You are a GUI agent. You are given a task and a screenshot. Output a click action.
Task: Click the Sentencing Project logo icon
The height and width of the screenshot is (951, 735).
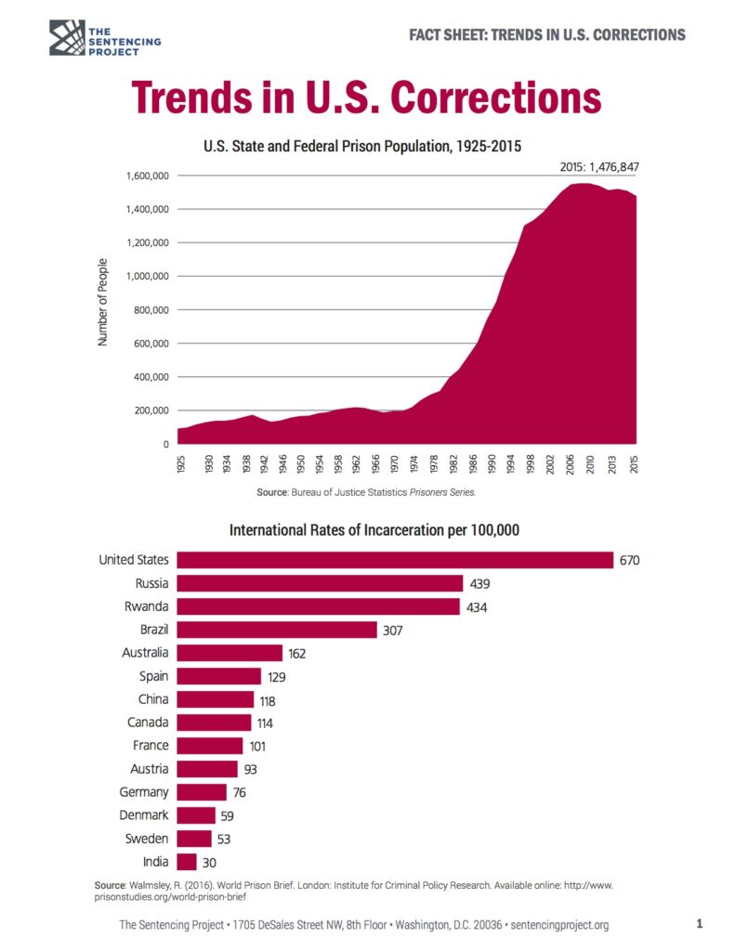[x=67, y=36]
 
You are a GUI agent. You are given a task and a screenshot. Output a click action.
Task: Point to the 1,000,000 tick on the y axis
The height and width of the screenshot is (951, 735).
[x=143, y=277]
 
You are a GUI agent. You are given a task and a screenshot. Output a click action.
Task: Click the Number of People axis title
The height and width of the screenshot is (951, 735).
[x=103, y=303]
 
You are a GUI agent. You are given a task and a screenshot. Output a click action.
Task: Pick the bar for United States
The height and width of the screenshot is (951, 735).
[x=395, y=560]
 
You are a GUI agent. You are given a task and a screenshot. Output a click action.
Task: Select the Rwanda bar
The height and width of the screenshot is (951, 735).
[x=318, y=606]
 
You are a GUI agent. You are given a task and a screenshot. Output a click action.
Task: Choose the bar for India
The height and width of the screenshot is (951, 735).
[x=187, y=862]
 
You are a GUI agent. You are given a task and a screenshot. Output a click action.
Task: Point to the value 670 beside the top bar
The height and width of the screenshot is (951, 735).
[x=630, y=561]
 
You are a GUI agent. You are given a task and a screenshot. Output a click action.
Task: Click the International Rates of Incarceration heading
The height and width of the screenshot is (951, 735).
[x=374, y=531]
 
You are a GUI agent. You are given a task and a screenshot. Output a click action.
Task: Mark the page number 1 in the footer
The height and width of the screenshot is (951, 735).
[x=699, y=924]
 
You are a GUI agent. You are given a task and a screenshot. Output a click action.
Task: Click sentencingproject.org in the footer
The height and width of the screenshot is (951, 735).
[x=559, y=925]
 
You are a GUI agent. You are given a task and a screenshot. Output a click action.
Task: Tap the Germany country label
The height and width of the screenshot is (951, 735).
[x=144, y=792]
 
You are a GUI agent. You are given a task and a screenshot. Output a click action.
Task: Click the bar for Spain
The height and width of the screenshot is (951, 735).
[x=219, y=676]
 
